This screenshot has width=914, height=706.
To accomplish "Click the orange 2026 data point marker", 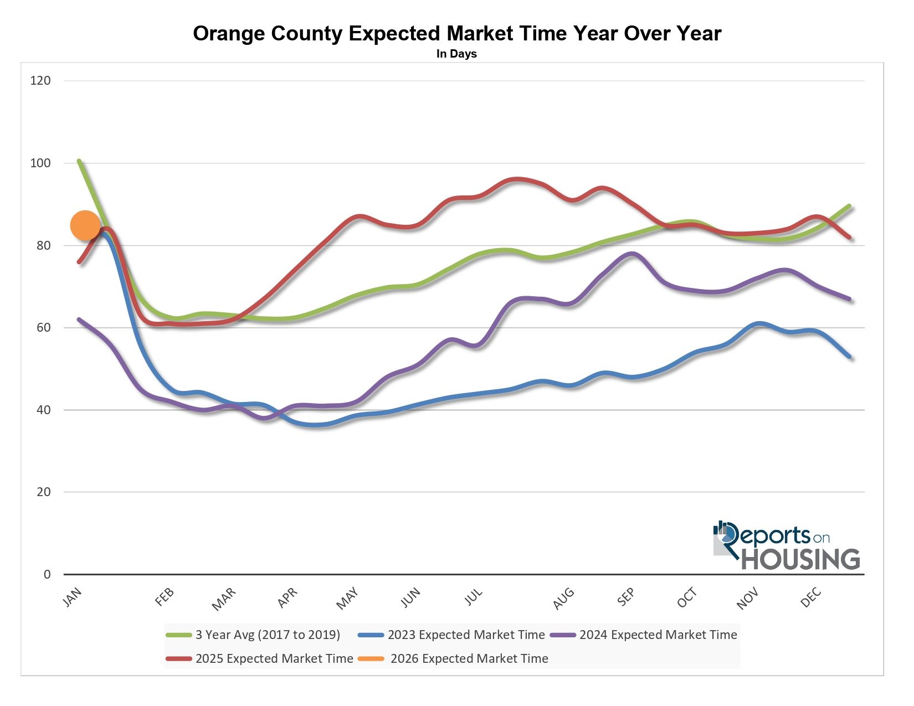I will click(x=85, y=225).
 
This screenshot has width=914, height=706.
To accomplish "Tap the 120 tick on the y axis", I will click(x=40, y=81).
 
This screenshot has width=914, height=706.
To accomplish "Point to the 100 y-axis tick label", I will click(x=40, y=163).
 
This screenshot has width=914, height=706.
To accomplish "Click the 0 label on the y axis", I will click(x=47, y=575).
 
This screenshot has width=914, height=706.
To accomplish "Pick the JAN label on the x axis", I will click(x=73, y=597).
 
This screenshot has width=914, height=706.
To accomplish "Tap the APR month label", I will click(x=287, y=598).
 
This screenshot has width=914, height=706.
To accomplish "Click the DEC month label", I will click(x=811, y=598).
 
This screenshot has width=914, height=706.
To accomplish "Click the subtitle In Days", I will click(x=456, y=54).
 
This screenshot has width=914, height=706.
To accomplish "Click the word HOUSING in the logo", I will click(x=800, y=559).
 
